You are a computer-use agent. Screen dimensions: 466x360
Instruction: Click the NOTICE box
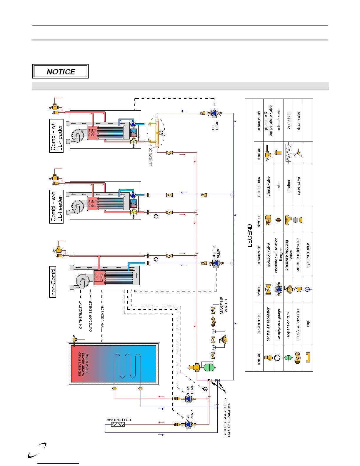tap(60, 71)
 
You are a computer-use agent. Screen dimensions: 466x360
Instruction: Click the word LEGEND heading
tap(250, 235)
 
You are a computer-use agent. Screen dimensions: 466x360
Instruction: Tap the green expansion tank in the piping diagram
tap(209, 367)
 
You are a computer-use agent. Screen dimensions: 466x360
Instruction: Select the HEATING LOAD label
tap(119, 420)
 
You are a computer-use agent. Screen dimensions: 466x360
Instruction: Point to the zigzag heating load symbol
tap(118, 424)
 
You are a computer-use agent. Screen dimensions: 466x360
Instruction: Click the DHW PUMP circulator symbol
tap(188, 399)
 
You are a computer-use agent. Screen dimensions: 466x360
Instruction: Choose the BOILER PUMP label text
tap(216, 252)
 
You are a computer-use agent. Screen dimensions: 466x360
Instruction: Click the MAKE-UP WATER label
tap(224, 305)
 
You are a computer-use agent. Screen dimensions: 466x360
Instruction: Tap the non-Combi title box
tap(53, 282)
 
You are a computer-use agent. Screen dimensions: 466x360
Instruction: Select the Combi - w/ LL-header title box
tap(56, 136)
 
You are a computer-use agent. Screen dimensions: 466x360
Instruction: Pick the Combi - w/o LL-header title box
tap(56, 207)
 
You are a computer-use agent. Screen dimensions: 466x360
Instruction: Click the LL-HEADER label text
tap(151, 157)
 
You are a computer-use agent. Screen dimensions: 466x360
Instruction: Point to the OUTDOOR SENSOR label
tap(91, 316)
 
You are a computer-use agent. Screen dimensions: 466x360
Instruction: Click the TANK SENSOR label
tap(102, 317)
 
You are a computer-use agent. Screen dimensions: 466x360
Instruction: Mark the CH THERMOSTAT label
tap(81, 315)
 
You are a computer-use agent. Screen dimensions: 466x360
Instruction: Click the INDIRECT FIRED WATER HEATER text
tap(83, 364)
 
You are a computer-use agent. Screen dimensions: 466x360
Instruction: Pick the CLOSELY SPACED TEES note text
tap(227, 417)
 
